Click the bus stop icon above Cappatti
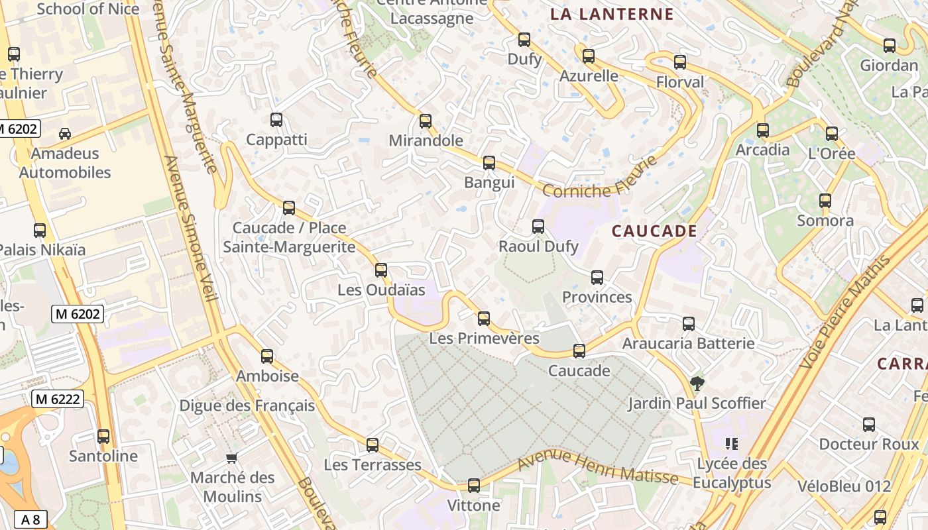pyautogui.click(x=276, y=120)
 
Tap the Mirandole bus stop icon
pyautogui.click(x=426, y=121)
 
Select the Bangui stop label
pyautogui.click(x=489, y=182)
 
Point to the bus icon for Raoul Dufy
pyautogui.click(x=538, y=227)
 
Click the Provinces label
pyautogui.click(x=597, y=297)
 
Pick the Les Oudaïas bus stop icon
pyautogui.click(x=381, y=270)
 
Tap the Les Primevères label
pyautogui.click(x=485, y=338)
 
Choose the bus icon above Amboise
pyautogui.click(x=267, y=356)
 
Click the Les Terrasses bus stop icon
pyautogui.click(x=373, y=445)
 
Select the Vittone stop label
pyautogui.click(x=474, y=505)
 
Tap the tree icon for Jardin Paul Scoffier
pyautogui.click(x=697, y=383)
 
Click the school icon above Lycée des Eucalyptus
pyautogui.click(x=732, y=443)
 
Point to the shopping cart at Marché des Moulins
pyautogui.click(x=232, y=458)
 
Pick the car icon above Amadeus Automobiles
pyautogui.click(x=65, y=134)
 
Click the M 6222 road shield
pyautogui.click(x=57, y=399)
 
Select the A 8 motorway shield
pyautogui.click(x=30, y=519)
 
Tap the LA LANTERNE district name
pyautogui.click(x=612, y=14)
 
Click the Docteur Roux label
pyautogui.click(x=869, y=444)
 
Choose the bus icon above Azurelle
pyautogui.click(x=589, y=56)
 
